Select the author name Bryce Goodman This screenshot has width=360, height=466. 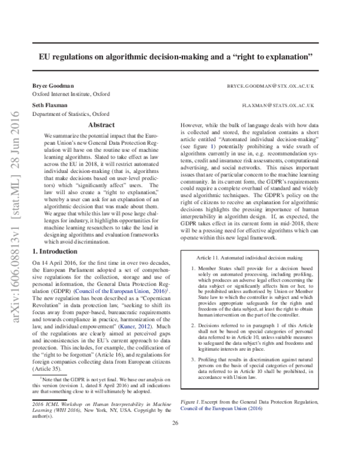(x=53, y=86)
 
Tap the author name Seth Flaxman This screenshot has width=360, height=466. (x=50, y=104)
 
